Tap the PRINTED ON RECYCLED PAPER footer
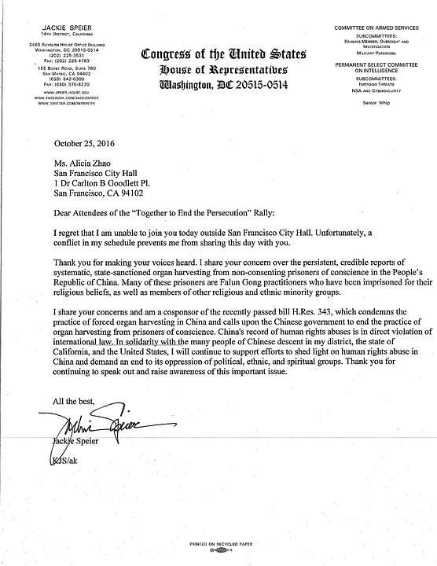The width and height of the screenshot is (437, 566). coord(218,544)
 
